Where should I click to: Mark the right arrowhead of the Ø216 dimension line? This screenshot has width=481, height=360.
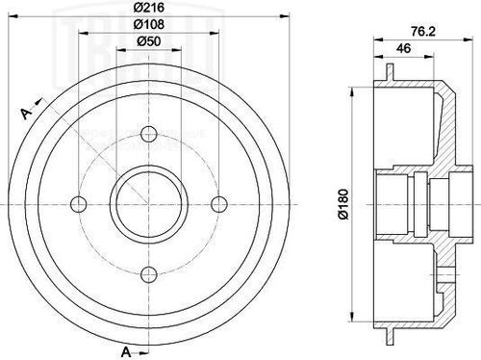[284, 16]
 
